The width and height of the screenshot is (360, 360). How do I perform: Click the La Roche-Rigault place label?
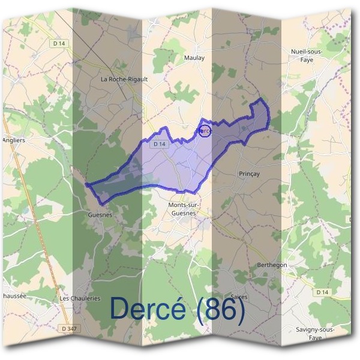point(124,79)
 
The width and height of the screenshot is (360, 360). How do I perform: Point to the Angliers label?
point(13,140)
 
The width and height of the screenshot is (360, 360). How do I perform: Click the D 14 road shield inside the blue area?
point(158,144)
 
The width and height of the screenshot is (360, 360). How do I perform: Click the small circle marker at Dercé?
point(205,131)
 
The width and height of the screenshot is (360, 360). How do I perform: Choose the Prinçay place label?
point(248,174)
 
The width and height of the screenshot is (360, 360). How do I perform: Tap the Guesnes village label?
point(100,215)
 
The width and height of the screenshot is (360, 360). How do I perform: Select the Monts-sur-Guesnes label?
point(183,209)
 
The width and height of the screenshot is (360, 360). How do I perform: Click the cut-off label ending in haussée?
point(13,296)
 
